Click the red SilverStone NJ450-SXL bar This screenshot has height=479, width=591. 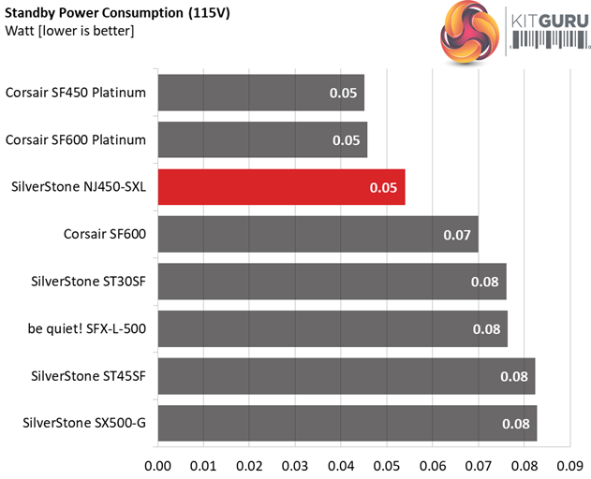click(x=281, y=187)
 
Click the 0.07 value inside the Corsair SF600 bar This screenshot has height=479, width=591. click(x=457, y=234)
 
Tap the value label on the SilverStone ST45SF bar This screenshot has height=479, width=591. click(x=515, y=376)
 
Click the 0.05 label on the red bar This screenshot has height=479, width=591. click(x=384, y=187)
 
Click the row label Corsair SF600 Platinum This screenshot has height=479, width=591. click(x=76, y=139)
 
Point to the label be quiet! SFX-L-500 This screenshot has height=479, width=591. click(x=87, y=328)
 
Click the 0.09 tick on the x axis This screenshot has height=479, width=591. click(x=569, y=464)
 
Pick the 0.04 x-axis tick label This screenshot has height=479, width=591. click(x=341, y=464)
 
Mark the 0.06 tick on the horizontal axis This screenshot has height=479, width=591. click(x=433, y=464)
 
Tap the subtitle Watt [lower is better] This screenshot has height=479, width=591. click(x=70, y=31)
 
